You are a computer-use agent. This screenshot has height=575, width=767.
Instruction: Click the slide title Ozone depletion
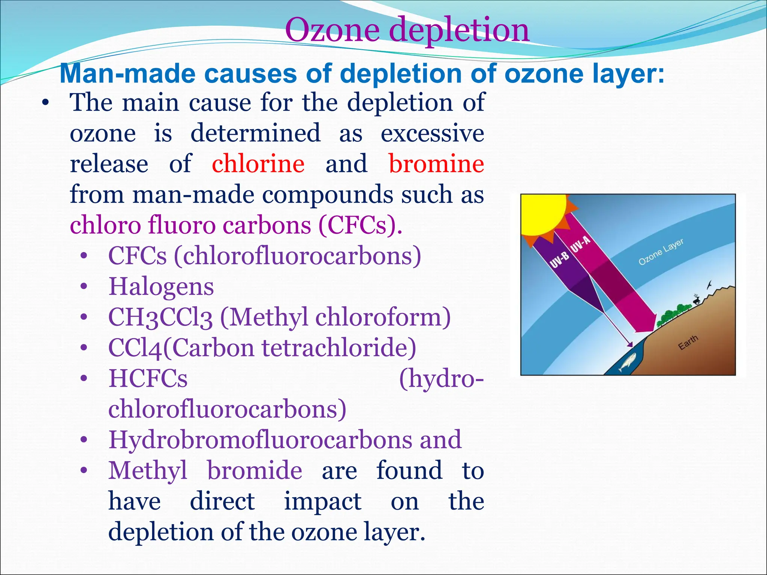pyautogui.click(x=407, y=30)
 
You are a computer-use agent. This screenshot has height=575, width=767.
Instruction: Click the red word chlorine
pyautogui.click(x=258, y=164)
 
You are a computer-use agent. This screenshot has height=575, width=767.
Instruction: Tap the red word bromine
pyautogui.click(x=436, y=164)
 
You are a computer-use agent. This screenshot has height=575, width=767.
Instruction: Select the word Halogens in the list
pyautogui.click(x=161, y=287)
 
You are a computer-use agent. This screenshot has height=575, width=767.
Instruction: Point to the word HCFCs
pyautogui.click(x=148, y=378)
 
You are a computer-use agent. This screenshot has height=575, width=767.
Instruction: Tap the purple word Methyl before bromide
pyautogui.click(x=148, y=471)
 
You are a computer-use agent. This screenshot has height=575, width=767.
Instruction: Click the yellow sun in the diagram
pyautogui.click(x=543, y=213)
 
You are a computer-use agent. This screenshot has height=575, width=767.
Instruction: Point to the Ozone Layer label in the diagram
pyautogui.click(x=661, y=252)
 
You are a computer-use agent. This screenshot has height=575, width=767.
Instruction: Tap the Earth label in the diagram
pyautogui.click(x=688, y=342)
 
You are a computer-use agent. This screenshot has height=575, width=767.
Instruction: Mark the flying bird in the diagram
pyautogui.click(x=709, y=285)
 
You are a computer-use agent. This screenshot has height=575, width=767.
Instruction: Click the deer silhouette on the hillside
pyautogui.click(x=696, y=299)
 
